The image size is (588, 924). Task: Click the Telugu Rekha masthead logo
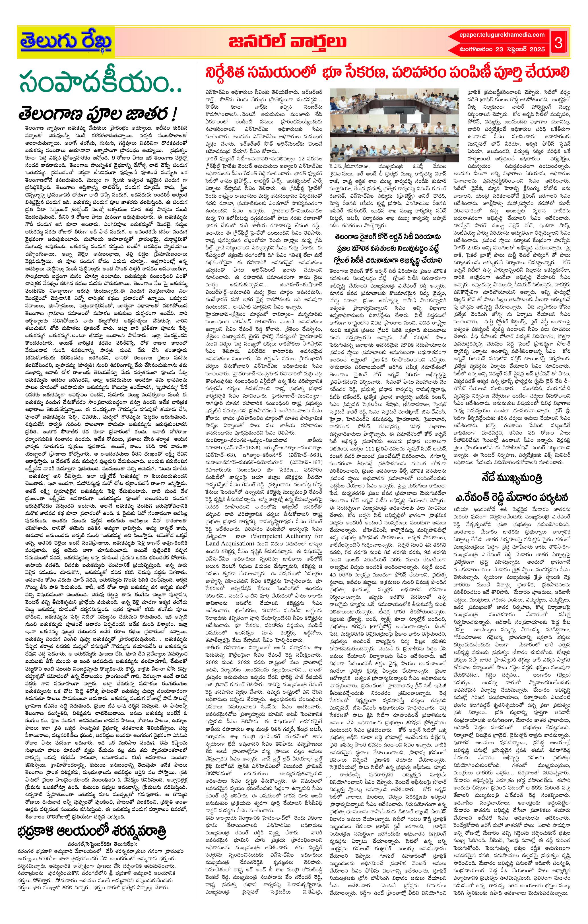point(66,42)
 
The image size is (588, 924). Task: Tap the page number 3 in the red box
point(558,43)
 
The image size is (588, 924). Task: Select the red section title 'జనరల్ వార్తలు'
point(286,42)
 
